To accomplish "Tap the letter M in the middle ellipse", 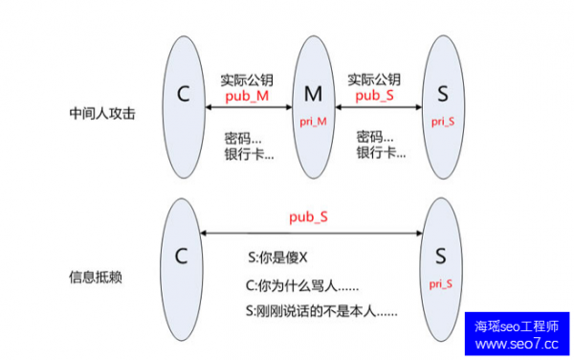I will pyautogui.click(x=314, y=94).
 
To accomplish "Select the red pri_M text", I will pyautogui.click(x=314, y=121).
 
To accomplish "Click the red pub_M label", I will pyautogui.click(x=248, y=97).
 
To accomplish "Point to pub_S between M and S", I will pyautogui.click(x=374, y=97).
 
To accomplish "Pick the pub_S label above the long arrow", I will pyautogui.click(x=309, y=217).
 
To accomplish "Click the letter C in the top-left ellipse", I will pyautogui.click(x=185, y=94).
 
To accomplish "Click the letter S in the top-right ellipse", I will pyautogui.click(x=441, y=94).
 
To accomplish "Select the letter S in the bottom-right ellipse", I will pyautogui.click(x=441, y=256).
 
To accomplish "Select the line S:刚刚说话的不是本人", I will pyautogui.click(x=321, y=312).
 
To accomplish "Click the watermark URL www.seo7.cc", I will pyautogui.click(x=517, y=343).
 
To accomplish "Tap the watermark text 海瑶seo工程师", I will pyautogui.click(x=517, y=326).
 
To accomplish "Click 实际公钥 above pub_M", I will pyautogui.click(x=248, y=79).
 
